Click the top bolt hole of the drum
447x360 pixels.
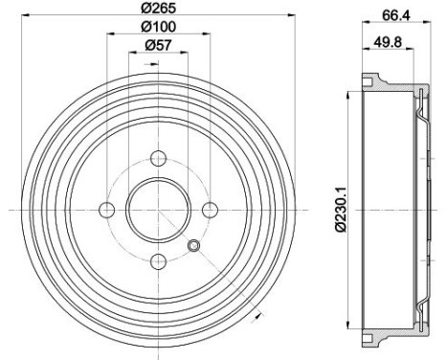point(157,159)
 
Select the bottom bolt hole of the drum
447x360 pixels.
point(157,259)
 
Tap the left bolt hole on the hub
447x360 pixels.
point(107,209)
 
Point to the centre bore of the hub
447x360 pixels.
point(157,209)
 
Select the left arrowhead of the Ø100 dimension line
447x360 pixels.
point(109,35)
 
